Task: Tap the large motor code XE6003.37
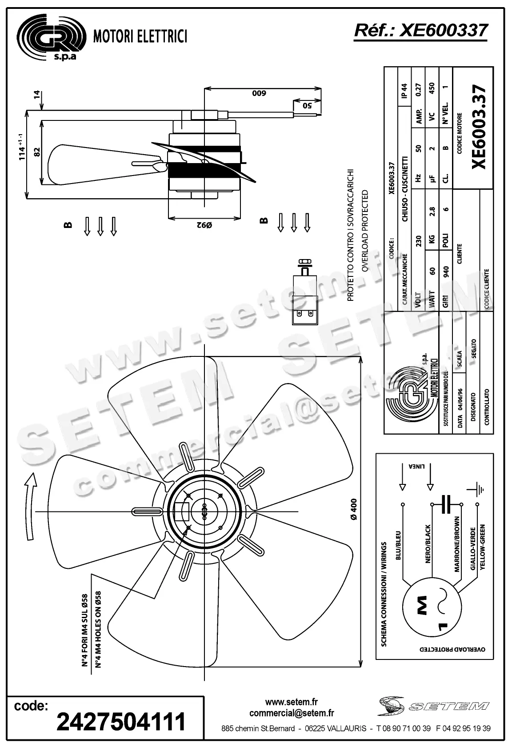[x=479, y=127]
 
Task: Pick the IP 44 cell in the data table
[x=404, y=91]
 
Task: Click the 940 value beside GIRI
[x=446, y=271]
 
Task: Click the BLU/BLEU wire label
[x=398, y=545]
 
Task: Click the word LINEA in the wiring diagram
[x=416, y=467]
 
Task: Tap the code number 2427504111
[x=121, y=721]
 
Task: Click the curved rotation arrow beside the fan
[x=29, y=505]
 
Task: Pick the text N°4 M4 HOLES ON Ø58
[x=98, y=629]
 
